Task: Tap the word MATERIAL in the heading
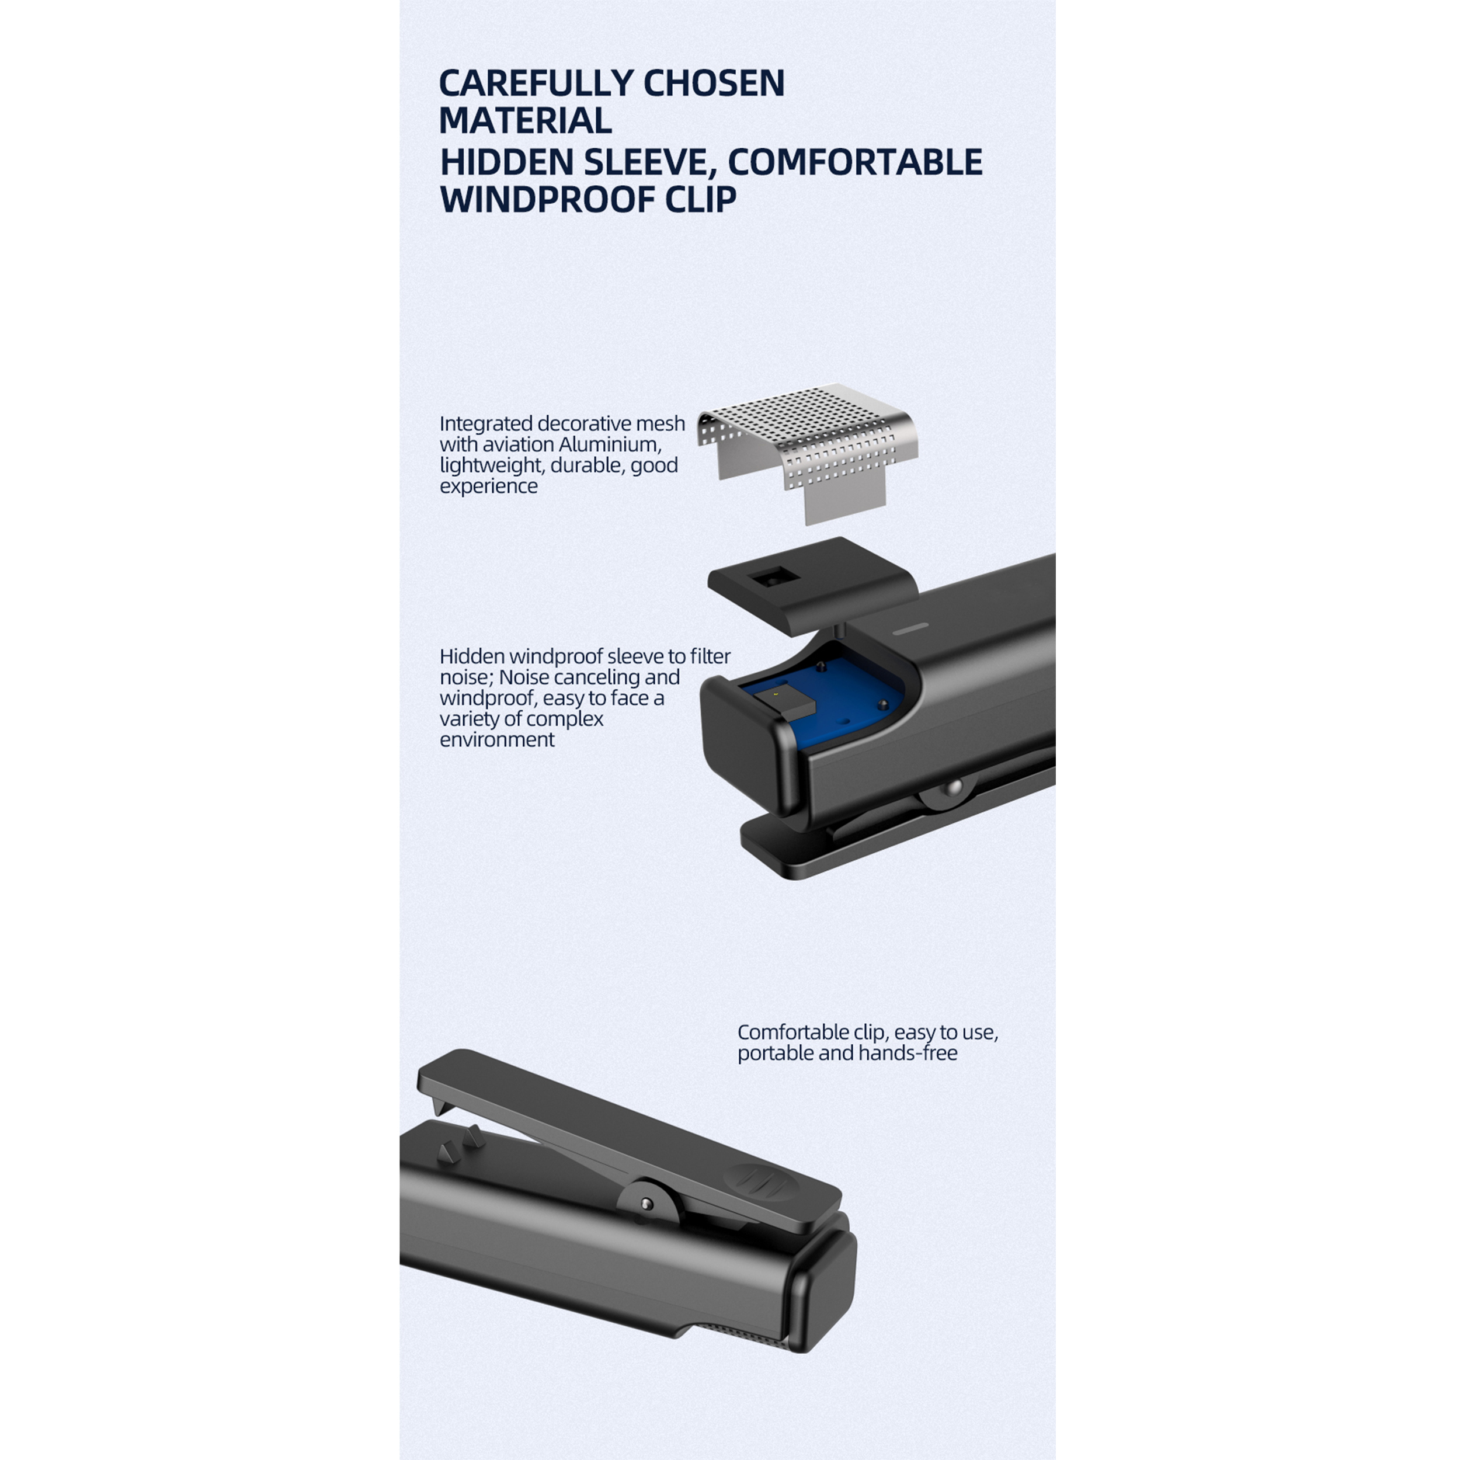coord(525,121)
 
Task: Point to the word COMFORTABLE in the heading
coord(855,162)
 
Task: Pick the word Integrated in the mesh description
coord(486,424)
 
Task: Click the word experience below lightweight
coord(488,486)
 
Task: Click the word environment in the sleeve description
coord(496,740)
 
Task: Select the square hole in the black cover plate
coord(773,578)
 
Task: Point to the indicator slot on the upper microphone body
coord(912,628)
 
